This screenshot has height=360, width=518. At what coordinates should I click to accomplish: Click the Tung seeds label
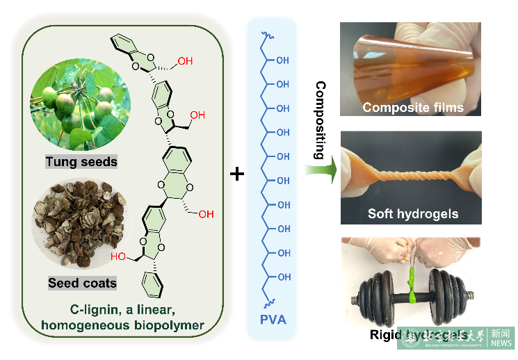[x=81, y=163]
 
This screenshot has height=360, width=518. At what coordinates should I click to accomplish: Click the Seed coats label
[x=82, y=283]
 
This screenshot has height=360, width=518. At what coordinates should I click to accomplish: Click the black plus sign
[x=237, y=174]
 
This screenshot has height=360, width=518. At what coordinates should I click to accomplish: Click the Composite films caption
[x=412, y=108]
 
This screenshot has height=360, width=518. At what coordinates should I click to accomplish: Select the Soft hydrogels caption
[x=413, y=213]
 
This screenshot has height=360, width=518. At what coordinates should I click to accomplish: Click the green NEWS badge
[x=501, y=338]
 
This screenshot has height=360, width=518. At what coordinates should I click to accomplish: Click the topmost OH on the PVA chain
[x=282, y=60]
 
